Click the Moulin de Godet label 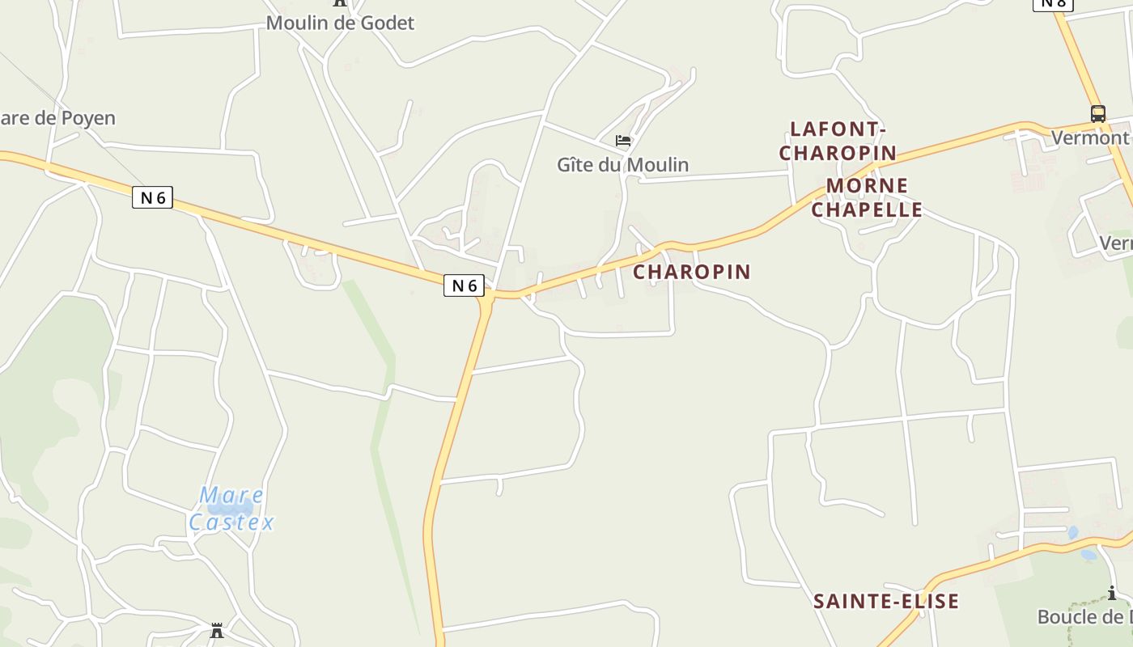(340, 23)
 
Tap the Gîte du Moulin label (622, 164)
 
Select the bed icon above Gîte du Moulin (622, 141)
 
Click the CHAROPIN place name (692, 272)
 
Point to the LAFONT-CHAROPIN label (838, 141)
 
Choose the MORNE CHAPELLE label (867, 198)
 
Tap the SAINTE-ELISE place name (886, 601)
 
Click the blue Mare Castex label (231, 509)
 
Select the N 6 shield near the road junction (464, 285)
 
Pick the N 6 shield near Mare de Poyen (152, 197)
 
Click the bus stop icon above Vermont (1097, 114)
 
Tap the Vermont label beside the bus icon (1089, 137)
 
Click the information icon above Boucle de (1112, 594)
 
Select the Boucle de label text (1084, 617)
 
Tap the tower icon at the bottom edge (217, 631)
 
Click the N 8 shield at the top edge (1053, 3)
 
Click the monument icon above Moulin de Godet (340, 2)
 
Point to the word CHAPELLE (867, 209)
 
